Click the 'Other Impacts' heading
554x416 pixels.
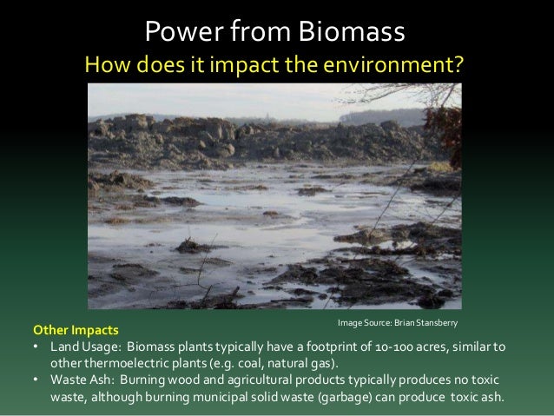77,331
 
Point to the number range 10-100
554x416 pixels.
413,347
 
